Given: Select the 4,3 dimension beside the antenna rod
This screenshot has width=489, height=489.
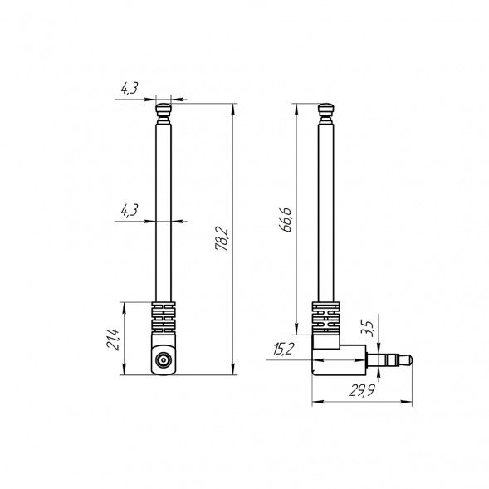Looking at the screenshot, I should pos(129,211).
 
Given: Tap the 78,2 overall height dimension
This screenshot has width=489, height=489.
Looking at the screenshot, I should pos(222,238).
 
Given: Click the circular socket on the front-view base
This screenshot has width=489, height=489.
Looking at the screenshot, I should pos(163,361).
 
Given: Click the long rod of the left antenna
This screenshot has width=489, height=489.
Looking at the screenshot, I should pos(163,208).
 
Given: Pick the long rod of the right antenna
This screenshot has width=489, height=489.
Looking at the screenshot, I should pos(326,208).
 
